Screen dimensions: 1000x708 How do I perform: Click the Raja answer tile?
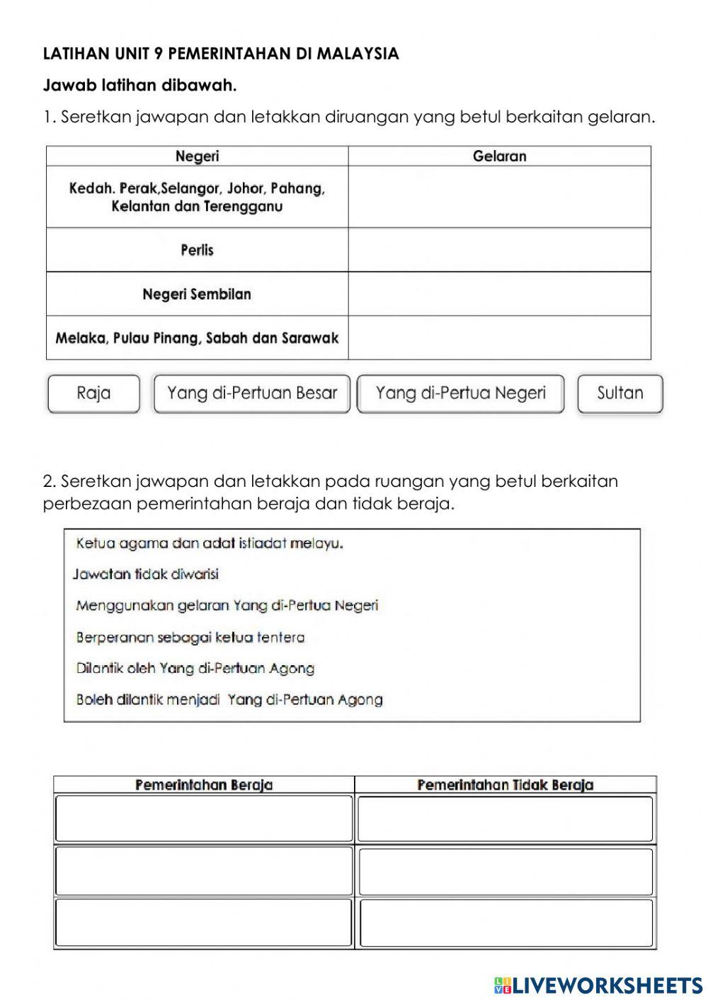93,393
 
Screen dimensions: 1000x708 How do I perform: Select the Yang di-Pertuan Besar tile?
252,393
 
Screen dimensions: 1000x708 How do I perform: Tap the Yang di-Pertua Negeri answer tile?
461,393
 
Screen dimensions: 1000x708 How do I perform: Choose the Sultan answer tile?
620,393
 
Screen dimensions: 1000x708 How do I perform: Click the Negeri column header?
197,156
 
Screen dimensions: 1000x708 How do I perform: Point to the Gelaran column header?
499,156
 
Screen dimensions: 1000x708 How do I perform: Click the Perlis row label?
197,250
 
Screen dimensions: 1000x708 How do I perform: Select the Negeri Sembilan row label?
197,294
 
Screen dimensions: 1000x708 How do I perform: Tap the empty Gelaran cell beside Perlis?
499,250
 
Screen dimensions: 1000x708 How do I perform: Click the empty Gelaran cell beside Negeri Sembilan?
499,294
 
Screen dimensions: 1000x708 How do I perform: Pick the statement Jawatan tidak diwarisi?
146,574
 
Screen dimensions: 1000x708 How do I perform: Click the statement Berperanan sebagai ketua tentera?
190,637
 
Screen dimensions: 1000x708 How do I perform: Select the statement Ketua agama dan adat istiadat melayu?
210,544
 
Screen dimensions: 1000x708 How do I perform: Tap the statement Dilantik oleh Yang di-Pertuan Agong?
195,668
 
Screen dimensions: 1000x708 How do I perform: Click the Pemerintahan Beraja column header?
204,785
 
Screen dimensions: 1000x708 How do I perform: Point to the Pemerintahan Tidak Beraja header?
506,785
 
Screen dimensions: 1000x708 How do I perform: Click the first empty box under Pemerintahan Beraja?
204,819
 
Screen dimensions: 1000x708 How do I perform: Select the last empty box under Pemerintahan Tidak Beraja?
506,923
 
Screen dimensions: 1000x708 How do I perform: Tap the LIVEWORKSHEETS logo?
598,984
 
